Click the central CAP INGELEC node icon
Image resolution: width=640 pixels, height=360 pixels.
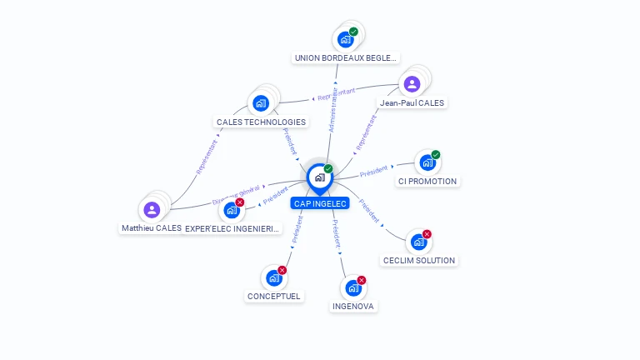tap(319, 177)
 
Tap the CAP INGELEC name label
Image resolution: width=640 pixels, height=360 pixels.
tap(320, 203)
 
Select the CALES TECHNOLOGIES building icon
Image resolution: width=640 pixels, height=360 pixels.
tap(261, 103)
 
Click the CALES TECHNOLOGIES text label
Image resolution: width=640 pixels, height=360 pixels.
tap(261, 122)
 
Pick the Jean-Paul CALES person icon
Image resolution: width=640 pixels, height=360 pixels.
tap(412, 84)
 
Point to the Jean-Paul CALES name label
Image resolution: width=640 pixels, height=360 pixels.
tap(412, 103)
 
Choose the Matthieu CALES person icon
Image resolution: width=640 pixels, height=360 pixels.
tap(151, 209)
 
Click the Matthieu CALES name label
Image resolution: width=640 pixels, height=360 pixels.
tap(151, 228)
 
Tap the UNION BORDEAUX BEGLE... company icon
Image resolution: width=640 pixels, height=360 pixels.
tap(345, 40)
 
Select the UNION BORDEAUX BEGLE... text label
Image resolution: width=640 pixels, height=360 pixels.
tap(346, 58)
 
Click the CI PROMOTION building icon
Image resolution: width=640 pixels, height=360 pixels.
tap(427, 163)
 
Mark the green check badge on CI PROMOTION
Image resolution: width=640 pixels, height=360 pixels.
tap(436, 155)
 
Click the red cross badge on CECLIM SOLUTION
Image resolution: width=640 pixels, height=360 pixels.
tap(427, 234)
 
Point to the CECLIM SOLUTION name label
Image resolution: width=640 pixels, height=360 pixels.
tap(418, 261)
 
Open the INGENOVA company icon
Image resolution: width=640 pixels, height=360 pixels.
tap(353, 288)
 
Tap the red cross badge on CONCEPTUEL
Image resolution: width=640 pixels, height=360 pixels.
tap(282, 270)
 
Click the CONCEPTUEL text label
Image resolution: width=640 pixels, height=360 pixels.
tap(274, 296)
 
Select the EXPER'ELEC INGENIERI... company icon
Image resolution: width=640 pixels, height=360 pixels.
tap(232, 210)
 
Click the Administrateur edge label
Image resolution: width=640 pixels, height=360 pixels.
tap(334, 109)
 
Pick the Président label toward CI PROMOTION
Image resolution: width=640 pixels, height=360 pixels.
tap(374, 171)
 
